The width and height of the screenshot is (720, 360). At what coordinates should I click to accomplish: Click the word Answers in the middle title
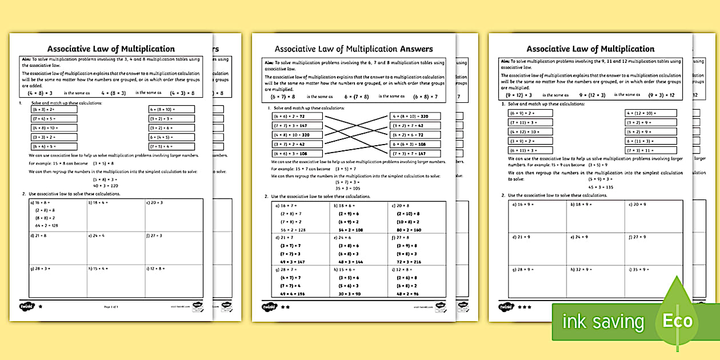click(x=408, y=49)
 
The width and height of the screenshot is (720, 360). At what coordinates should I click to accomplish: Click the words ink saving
click(x=603, y=322)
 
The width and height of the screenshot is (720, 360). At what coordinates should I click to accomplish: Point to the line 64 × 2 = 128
click(x=46, y=226)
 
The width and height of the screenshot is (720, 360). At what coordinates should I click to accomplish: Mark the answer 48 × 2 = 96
click(x=407, y=294)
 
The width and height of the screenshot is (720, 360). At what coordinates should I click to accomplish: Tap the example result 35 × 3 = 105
click(x=348, y=187)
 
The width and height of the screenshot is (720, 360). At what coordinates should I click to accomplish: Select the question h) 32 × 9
click(x=580, y=269)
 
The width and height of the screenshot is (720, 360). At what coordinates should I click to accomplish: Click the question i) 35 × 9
click(x=638, y=269)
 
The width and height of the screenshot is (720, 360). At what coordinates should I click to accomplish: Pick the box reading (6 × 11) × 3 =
click(x=530, y=150)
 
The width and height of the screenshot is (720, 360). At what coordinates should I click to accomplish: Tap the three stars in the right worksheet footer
click(x=524, y=307)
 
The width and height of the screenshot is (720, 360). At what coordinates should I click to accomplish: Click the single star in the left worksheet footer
click(x=40, y=307)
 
